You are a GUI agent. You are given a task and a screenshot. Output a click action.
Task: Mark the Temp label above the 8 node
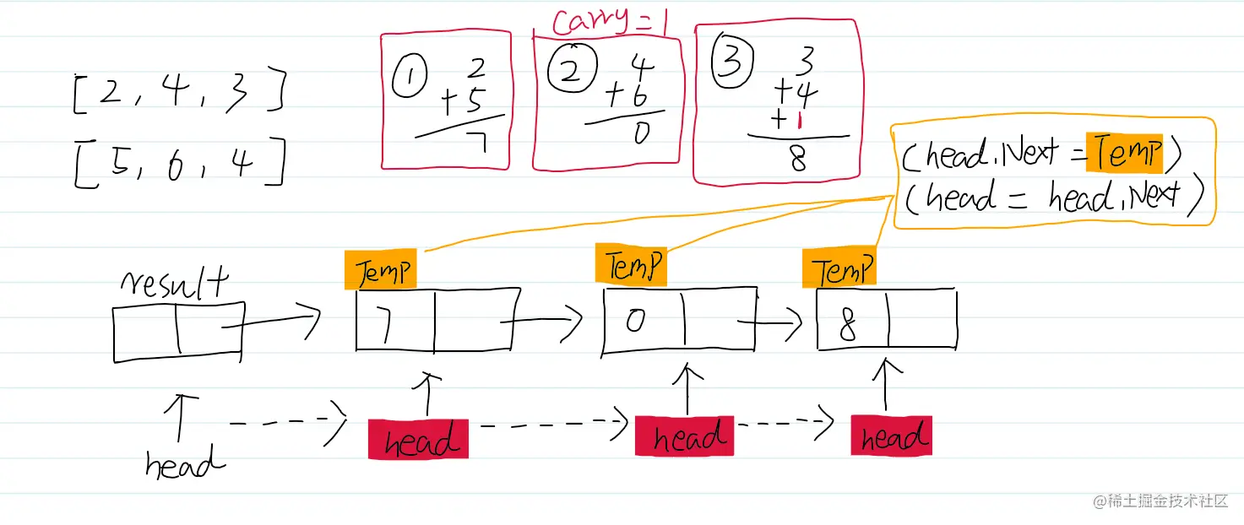click(x=839, y=270)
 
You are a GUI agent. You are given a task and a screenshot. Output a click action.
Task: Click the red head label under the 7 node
click(x=418, y=439)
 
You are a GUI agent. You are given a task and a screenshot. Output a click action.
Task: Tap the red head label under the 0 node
click(x=684, y=437)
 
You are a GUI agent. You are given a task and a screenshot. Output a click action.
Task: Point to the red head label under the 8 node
click(x=891, y=436)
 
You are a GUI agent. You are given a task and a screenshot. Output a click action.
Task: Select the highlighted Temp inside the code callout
click(x=1123, y=153)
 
